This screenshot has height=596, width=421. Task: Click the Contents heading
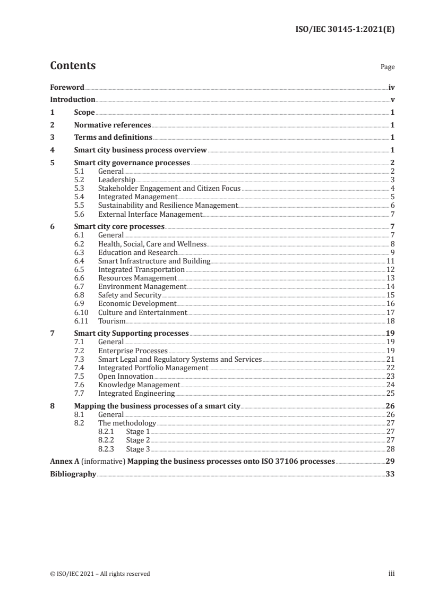[x=73, y=66]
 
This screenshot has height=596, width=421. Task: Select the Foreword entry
[x=67, y=87]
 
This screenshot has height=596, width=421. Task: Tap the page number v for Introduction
[x=392, y=100]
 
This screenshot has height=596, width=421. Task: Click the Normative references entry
[x=113, y=125]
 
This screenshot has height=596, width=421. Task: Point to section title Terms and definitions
[x=113, y=138]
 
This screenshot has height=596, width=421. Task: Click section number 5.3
[x=79, y=189]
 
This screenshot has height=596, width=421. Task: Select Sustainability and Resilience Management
[x=168, y=206]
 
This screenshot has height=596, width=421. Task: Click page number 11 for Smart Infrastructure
[x=390, y=261]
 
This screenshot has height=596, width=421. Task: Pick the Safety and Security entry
[x=130, y=295]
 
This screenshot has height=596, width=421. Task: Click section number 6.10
[x=81, y=313]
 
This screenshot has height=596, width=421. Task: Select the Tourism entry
[x=111, y=321]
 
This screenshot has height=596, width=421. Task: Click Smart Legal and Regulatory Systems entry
[x=180, y=360]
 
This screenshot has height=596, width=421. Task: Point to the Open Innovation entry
[x=126, y=377]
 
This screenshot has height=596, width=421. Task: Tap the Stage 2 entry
[x=138, y=440]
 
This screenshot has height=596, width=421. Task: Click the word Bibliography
[x=73, y=474]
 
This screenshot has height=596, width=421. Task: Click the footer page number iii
[x=391, y=574]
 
